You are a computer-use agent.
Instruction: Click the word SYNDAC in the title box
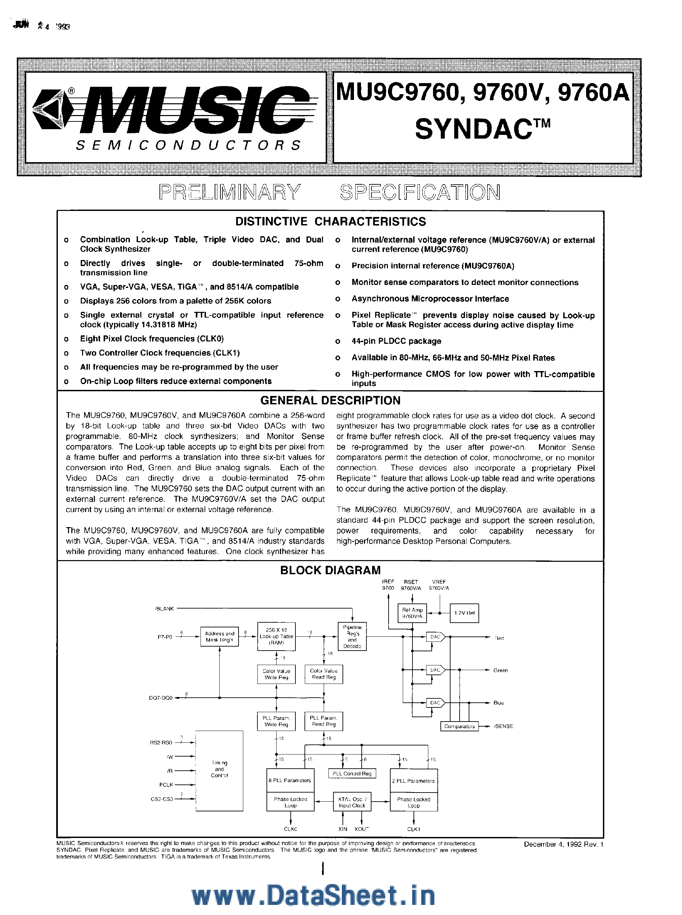click(x=473, y=129)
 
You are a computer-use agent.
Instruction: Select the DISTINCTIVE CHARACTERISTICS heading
click(x=330, y=222)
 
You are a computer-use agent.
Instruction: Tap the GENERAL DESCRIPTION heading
click(x=330, y=400)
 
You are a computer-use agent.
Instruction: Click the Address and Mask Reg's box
click(x=219, y=636)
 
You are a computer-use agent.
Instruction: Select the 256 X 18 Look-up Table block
click(x=276, y=636)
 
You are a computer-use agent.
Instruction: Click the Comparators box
click(x=459, y=726)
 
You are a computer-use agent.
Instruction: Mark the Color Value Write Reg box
click(x=276, y=674)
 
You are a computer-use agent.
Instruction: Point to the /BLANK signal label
click(x=164, y=609)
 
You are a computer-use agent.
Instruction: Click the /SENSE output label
click(x=503, y=726)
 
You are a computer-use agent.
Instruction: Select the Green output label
click(x=500, y=670)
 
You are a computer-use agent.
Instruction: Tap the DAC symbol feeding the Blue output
click(x=435, y=702)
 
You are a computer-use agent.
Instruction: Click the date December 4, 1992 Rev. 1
click(x=564, y=844)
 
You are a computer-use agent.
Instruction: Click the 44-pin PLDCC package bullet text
click(x=396, y=341)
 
